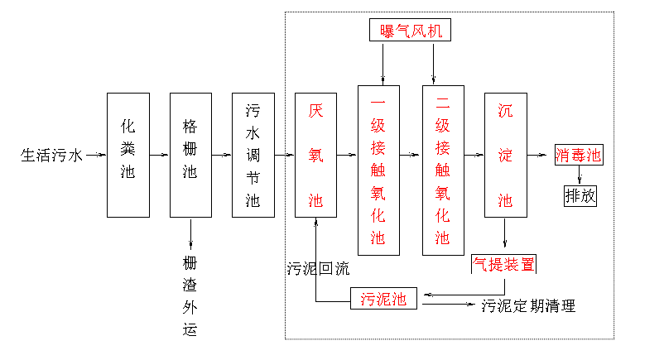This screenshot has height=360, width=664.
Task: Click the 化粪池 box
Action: (128, 155)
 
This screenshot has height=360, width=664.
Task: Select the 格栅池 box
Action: (190, 155)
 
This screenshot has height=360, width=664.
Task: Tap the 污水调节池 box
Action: (253, 155)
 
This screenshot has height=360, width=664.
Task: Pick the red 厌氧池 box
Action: (315, 155)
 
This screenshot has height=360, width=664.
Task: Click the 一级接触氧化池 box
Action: (378, 170)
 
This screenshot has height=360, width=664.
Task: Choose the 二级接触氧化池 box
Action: (443, 170)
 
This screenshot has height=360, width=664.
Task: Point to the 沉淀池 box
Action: (506, 155)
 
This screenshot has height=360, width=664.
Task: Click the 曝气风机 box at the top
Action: (407, 31)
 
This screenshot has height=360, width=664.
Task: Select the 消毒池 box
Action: (578, 155)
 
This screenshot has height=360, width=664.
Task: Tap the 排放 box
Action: (580, 196)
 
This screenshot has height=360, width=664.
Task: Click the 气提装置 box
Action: (503, 264)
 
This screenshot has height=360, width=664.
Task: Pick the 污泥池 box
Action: (383, 299)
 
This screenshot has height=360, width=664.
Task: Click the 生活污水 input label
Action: (51, 155)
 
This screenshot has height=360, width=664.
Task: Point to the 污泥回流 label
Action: (319, 269)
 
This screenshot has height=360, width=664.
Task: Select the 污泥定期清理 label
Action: (528, 306)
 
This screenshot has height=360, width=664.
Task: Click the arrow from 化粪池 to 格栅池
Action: (160, 155)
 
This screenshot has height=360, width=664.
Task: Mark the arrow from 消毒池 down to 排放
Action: (579, 175)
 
